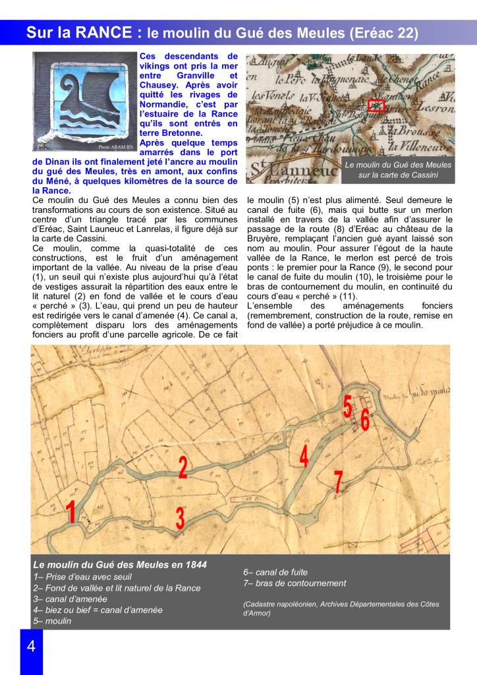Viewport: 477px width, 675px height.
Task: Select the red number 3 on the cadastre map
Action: [180, 517]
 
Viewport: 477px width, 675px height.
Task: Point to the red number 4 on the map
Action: [304, 456]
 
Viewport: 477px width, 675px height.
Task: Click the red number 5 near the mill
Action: [347, 406]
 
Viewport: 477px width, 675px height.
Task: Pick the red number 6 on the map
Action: [364, 418]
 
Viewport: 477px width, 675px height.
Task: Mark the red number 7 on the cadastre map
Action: [338, 483]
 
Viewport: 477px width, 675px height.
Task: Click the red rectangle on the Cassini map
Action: [376, 105]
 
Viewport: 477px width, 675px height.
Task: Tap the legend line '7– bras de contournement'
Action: [295, 583]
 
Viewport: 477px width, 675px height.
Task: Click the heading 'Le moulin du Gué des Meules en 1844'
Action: [120, 564]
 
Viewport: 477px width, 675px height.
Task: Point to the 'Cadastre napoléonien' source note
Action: [340, 608]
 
